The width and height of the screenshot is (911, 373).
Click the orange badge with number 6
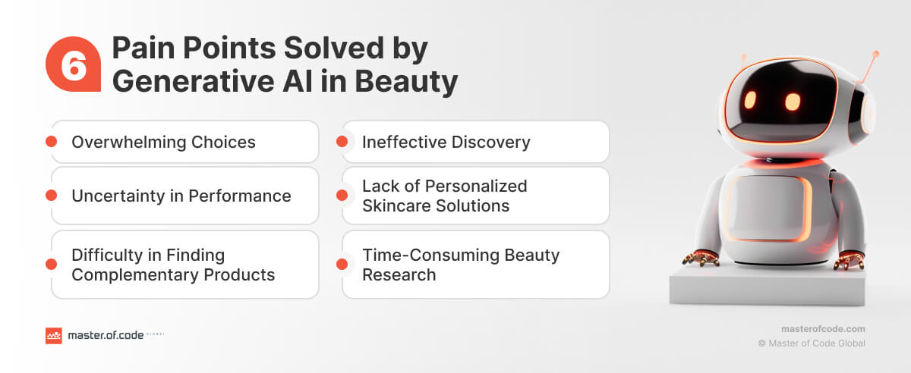[x=73, y=65]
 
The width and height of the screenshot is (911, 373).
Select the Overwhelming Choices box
[x=184, y=142]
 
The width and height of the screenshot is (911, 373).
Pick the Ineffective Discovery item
[x=475, y=142]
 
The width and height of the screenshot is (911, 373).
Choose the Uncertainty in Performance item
[x=184, y=196]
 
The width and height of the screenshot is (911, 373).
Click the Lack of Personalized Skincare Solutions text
[x=444, y=196]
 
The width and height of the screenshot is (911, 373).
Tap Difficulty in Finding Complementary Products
[x=173, y=265]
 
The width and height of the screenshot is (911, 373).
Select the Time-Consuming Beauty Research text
[x=460, y=265]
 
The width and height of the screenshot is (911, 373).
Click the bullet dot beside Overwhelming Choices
[x=52, y=142]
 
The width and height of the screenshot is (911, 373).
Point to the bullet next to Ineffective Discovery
[x=342, y=142]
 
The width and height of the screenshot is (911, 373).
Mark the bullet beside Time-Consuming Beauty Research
[x=342, y=265]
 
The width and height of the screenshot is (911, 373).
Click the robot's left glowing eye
[x=750, y=100]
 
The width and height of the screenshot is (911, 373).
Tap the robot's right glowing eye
[x=792, y=102]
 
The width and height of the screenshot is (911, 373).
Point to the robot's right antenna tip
[x=875, y=55]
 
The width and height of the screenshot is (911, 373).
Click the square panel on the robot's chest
[x=768, y=208]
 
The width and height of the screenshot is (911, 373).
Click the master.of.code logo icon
[x=53, y=336]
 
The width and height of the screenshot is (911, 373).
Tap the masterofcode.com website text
[x=823, y=329]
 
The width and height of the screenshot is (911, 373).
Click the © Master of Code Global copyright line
[x=812, y=343]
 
